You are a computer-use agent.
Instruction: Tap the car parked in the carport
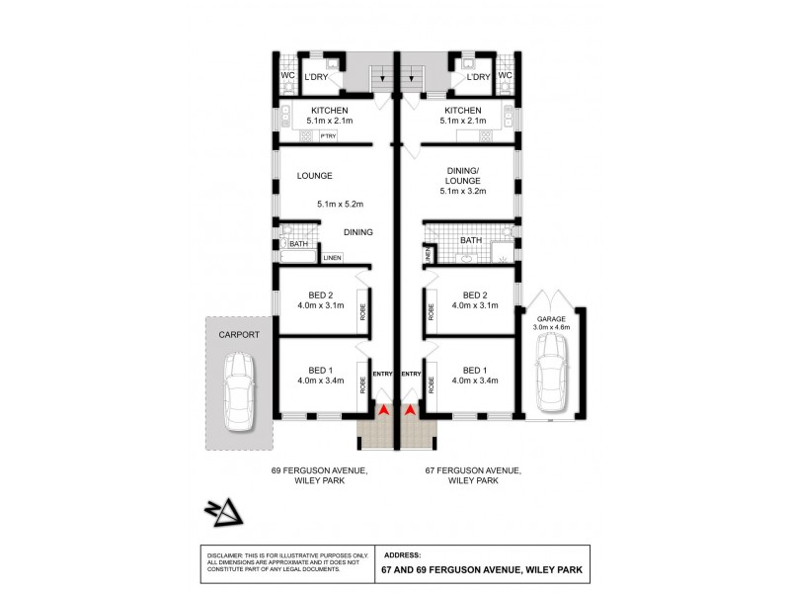tap(239, 391)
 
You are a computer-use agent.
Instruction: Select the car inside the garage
tap(548, 374)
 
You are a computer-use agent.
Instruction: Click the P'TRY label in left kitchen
tap(327, 135)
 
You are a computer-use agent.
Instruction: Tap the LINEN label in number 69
tap(332, 258)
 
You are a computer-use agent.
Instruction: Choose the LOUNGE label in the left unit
tap(315, 176)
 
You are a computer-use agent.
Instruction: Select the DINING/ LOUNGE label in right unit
tap(462, 175)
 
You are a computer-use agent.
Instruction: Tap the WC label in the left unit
tap(287, 75)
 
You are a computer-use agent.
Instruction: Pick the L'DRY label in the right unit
tap(479, 76)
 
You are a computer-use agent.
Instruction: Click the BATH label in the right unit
tap(470, 240)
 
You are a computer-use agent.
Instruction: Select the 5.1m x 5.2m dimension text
tap(341, 205)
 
